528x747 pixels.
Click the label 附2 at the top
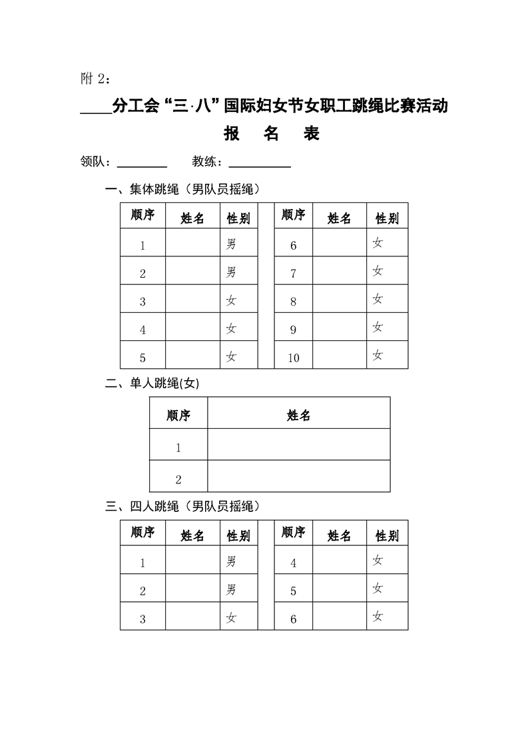pyautogui.click(x=94, y=79)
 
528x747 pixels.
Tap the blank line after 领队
pyautogui.click(x=142, y=164)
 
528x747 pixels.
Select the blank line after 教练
pyautogui.click(x=260, y=164)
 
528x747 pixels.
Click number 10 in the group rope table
pyautogui.click(x=294, y=358)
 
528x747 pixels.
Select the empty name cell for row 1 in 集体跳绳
pyautogui.click(x=192, y=244)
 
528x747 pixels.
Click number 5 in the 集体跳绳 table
pyautogui.click(x=142, y=358)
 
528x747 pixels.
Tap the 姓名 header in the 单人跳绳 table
pyautogui.click(x=299, y=415)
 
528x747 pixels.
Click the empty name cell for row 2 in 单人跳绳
pyautogui.click(x=299, y=477)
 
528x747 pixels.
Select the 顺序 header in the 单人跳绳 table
pyautogui.click(x=178, y=415)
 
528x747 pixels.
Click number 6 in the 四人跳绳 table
pyautogui.click(x=294, y=619)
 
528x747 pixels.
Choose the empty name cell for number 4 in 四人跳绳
pyautogui.click(x=339, y=561)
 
